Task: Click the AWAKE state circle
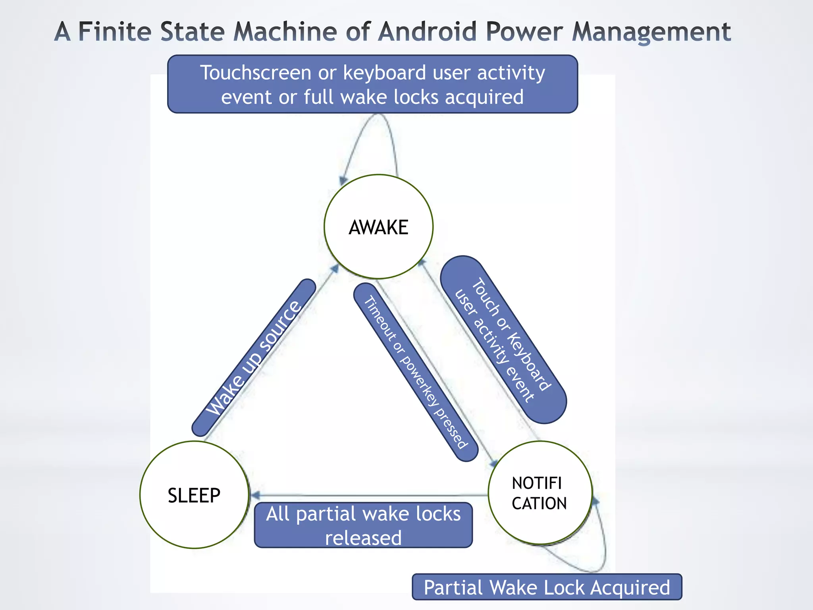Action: tap(378, 227)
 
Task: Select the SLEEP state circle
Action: tap(194, 495)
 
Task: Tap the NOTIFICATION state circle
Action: tap(539, 493)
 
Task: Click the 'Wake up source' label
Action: tap(254, 357)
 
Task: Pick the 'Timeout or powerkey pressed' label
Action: tap(416, 372)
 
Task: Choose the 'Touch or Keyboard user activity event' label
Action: tap(503, 340)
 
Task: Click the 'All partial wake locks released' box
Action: tap(363, 525)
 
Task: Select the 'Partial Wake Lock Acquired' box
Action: tap(547, 587)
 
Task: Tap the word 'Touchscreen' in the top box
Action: tap(256, 73)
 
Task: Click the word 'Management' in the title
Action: tap(651, 31)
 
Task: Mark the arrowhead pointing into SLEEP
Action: tap(255, 495)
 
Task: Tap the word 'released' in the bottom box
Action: tap(363, 538)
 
